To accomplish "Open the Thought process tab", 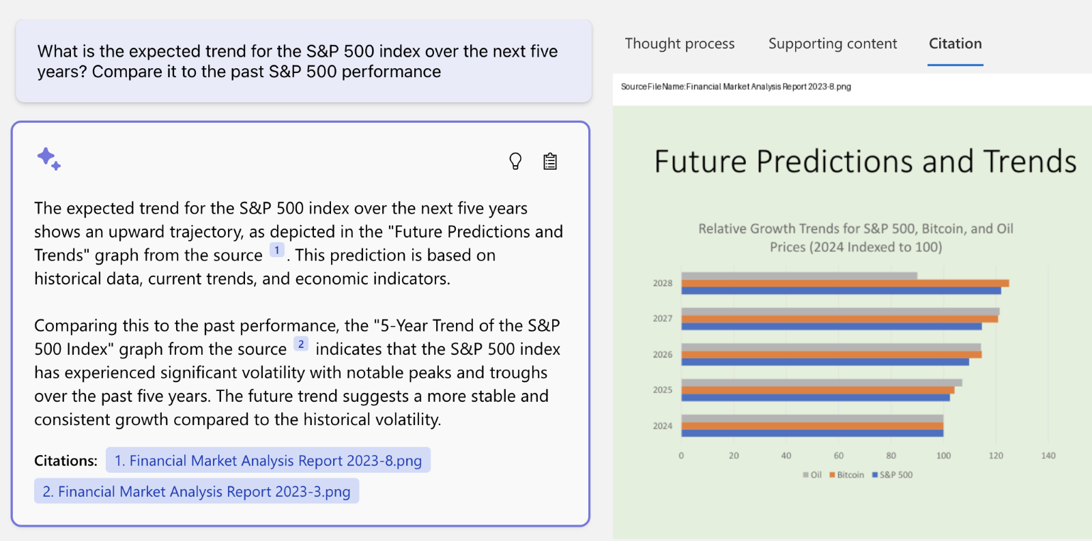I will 680,44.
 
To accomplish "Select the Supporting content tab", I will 833,44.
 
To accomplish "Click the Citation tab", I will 955,44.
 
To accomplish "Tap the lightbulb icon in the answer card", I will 515,161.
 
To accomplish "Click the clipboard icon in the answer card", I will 550,161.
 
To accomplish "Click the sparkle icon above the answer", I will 48,158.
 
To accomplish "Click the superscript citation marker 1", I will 276,250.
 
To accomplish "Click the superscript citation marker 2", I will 301,344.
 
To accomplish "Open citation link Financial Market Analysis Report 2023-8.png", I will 268,460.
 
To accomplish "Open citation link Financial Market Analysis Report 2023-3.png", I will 197,491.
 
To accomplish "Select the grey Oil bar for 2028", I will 799,276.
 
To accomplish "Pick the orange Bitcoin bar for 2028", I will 844,283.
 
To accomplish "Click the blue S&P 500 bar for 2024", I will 812,433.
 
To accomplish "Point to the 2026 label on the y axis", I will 662,355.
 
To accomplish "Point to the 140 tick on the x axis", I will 1048,456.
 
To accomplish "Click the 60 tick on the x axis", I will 838,456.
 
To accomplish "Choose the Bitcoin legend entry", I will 847,475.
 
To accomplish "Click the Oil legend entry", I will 812,475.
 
